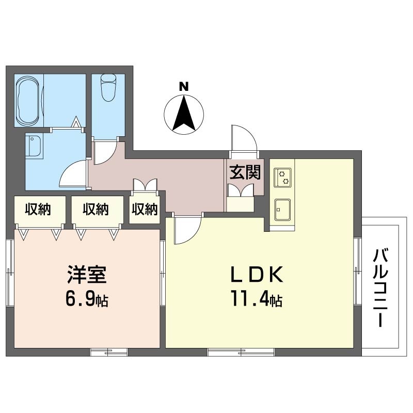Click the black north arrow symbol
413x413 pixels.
click(x=183, y=112)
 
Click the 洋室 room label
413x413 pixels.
click(x=87, y=275)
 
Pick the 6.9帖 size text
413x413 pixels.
click(x=86, y=299)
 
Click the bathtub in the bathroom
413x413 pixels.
click(x=29, y=101)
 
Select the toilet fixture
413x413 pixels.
click(x=108, y=88)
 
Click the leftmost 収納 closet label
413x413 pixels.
click(x=38, y=210)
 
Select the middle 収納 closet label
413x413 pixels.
click(x=96, y=210)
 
